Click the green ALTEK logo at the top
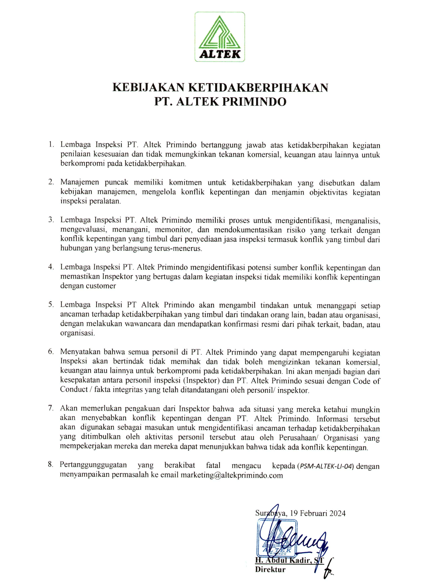point(219,37)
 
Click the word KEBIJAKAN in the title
point(148,88)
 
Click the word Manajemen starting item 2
point(80,183)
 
